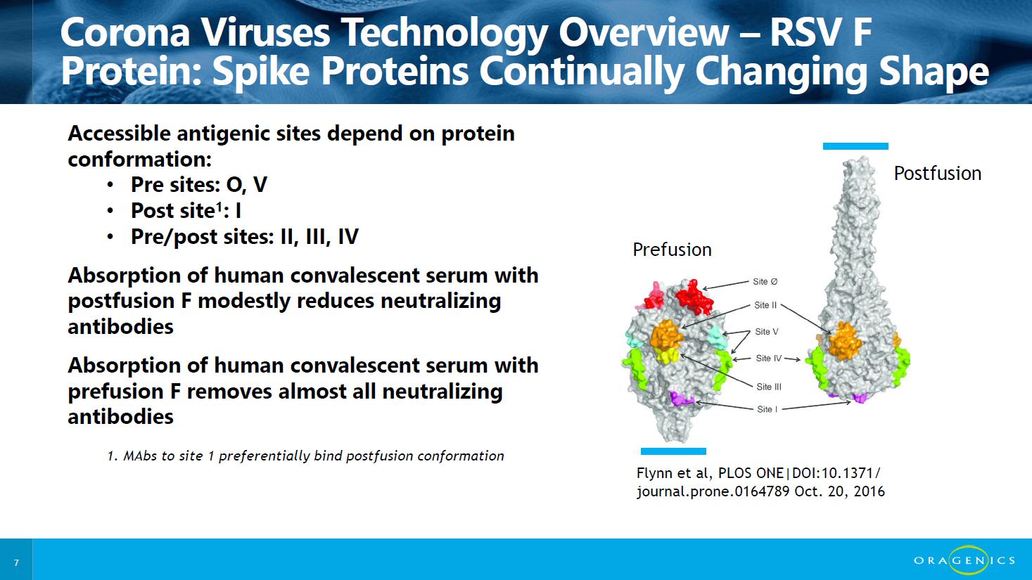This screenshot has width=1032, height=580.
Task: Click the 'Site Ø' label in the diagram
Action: click(x=765, y=281)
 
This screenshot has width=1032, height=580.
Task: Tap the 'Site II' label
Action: click(x=765, y=305)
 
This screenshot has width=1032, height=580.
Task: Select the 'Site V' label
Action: click(x=766, y=331)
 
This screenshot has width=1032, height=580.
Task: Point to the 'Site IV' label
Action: click(x=768, y=358)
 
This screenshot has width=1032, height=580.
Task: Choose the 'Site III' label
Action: click(x=768, y=387)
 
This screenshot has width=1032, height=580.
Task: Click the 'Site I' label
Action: click(x=767, y=409)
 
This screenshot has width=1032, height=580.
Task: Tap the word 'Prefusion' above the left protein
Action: click(x=672, y=250)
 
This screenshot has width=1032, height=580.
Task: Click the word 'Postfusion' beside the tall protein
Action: click(x=937, y=174)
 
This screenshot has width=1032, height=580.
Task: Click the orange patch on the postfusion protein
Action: click(x=844, y=341)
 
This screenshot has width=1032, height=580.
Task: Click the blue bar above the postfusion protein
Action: click(x=855, y=146)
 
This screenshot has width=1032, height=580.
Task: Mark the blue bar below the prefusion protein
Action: click(x=673, y=451)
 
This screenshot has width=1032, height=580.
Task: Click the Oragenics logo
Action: click(x=964, y=560)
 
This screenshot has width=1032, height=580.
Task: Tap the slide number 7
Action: click(x=16, y=562)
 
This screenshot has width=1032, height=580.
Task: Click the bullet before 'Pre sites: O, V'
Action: click(x=110, y=186)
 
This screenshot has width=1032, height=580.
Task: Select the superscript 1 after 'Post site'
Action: click(x=219, y=205)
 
